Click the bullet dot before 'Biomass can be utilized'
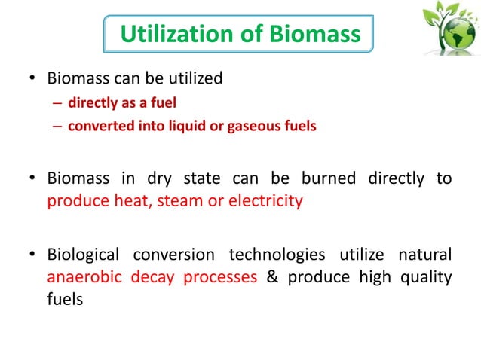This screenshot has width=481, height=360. (32, 78)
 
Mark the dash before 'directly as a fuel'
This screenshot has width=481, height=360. (57, 102)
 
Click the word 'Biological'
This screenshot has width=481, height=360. (85, 255)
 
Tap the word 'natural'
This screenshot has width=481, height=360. (424, 255)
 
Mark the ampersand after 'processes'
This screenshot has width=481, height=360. (273, 276)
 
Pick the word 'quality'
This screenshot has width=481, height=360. (426, 276)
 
